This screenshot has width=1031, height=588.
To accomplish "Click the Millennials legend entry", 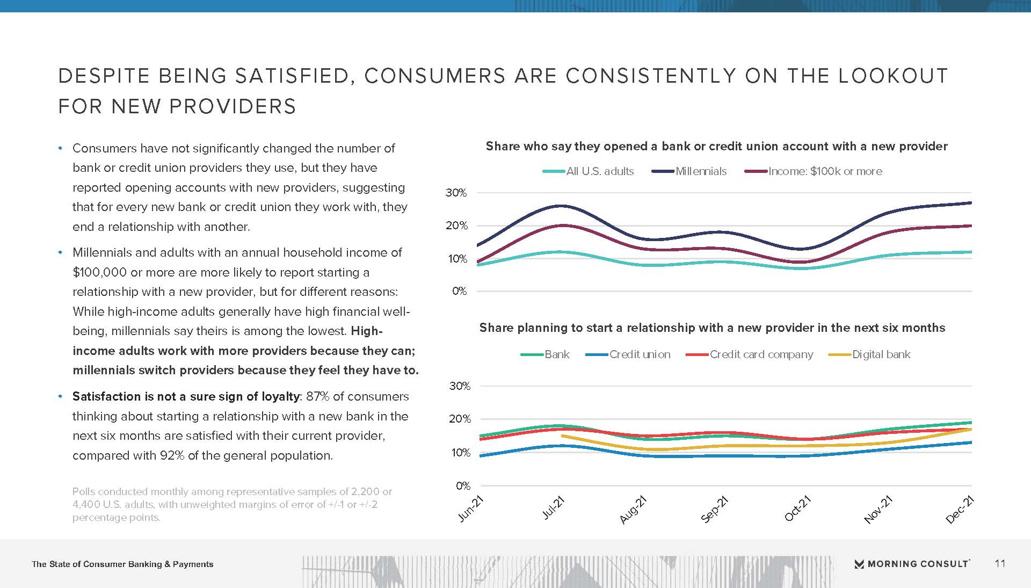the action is pos(689,171).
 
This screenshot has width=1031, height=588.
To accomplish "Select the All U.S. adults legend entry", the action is pos(588,171).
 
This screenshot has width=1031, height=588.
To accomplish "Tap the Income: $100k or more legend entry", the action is pos(813,171).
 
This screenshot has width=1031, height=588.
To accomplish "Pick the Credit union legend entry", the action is pos(628,354).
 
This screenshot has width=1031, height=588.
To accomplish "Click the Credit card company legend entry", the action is pos(750,354).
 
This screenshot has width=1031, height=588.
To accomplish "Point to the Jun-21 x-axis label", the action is pos(471,509).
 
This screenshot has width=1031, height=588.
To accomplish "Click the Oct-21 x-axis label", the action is pos(797,509).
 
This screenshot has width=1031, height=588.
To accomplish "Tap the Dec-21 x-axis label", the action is pos(960,509).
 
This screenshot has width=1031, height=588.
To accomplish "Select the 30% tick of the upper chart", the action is pos(456,193).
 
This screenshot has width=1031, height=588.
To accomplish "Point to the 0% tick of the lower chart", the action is pos(463,486).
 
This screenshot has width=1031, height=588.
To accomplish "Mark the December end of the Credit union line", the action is pos(971,442).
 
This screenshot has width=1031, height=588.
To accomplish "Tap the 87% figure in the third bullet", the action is pos(317,396).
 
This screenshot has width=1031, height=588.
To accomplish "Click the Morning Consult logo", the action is pos(912,564).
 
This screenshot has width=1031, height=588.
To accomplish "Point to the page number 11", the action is pos(1000,563).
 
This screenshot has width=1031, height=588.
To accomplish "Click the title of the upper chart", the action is pos(716,146).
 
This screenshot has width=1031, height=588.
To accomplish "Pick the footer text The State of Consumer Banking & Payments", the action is pos(122,564).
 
